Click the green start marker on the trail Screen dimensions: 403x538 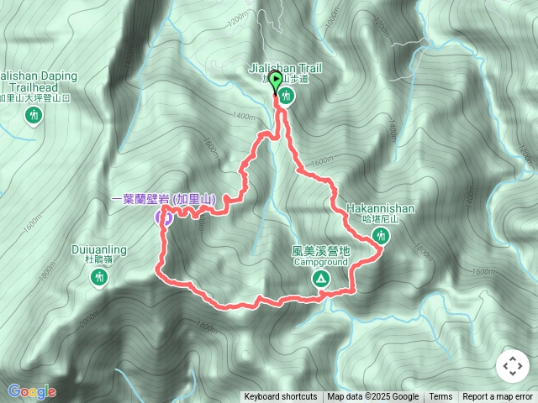(x=276, y=81)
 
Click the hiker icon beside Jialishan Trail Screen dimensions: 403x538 (x=288, y=97)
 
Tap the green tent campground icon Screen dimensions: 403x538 (x=320, y=279)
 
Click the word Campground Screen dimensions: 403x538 (x=320, y=262)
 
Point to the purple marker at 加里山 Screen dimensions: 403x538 (x=166, y=218)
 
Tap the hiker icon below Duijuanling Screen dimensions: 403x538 (x=99, y=277)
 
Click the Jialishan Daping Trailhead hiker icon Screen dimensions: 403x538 (x=34, y=115)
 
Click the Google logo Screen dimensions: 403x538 (x=32, y=391)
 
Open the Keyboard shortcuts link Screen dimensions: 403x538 (x=281, y=397)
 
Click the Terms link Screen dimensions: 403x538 (x=440, y=397)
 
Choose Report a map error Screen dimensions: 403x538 (x=498, y=397)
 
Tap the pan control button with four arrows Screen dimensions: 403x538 (x=512, y=367)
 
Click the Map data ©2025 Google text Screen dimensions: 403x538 (x=373, y=397)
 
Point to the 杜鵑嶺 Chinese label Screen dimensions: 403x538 (x=99, y=260)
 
